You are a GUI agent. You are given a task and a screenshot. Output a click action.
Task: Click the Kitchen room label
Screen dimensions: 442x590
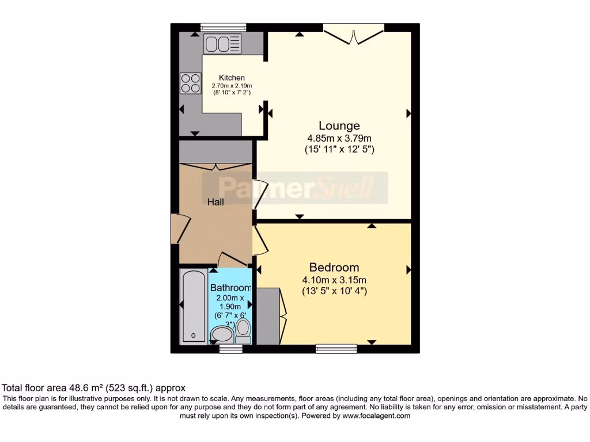pos(232,78)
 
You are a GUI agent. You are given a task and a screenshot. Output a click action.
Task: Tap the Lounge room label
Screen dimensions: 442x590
pos(339,125)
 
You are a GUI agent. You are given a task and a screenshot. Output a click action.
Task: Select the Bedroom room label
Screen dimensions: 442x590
pos(334,267)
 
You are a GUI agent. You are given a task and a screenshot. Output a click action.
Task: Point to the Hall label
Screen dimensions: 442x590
pos(215,202)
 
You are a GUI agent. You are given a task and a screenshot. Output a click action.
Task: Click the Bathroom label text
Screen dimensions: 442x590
pos(230,288)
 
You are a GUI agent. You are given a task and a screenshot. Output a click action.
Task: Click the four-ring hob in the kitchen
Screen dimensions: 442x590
pos(189,84)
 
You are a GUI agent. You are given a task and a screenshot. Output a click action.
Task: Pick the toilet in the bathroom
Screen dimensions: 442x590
pos(243,330)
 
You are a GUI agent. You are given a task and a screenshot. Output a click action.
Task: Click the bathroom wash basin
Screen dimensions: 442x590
pos(222,334)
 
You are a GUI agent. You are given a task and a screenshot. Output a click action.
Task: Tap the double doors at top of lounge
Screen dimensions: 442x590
pos(354,33)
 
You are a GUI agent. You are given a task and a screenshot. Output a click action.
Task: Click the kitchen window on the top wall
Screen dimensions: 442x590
pos(223,27)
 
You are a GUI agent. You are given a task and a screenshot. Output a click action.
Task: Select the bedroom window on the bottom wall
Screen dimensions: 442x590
pos(336,349)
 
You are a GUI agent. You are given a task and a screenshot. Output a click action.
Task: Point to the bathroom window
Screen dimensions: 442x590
pos(231,349)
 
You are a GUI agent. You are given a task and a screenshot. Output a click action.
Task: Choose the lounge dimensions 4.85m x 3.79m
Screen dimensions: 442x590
pos(339,138)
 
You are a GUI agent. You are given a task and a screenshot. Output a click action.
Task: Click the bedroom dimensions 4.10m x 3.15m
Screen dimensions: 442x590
pos(334,280)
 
